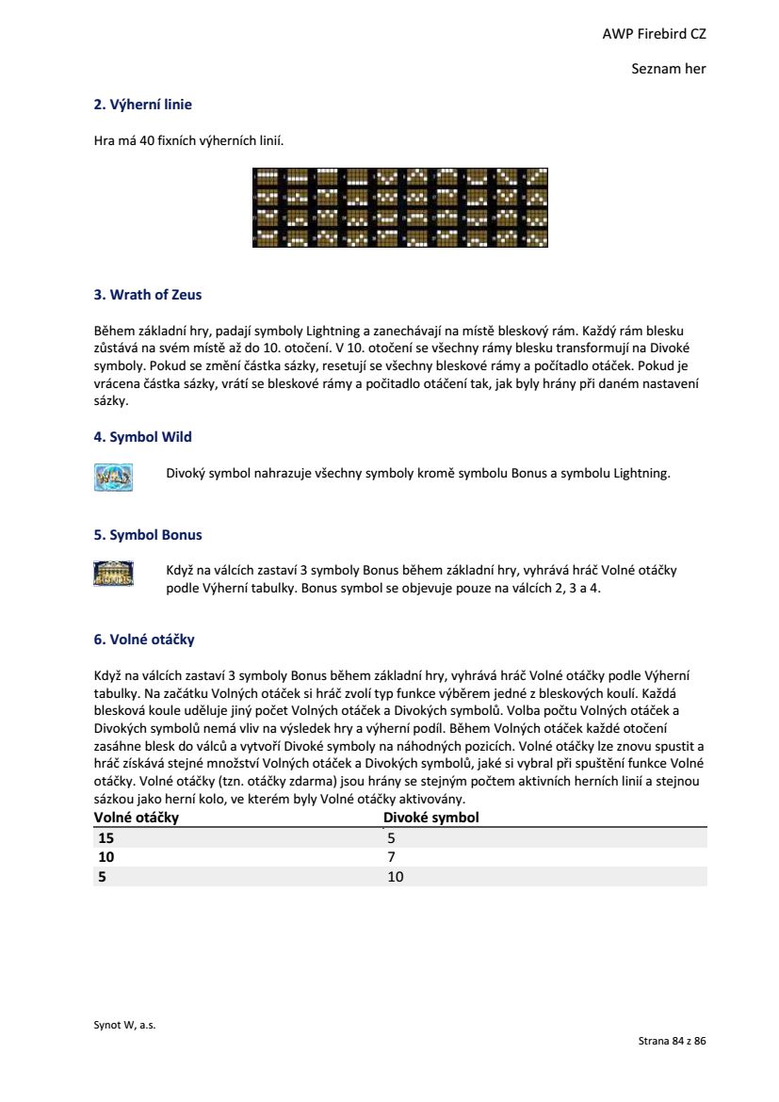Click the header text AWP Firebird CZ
654,34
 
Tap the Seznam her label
669,69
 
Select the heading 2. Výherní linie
142,105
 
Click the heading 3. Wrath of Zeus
147,295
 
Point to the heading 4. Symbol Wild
142,437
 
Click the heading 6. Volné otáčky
144,640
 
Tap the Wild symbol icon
113,477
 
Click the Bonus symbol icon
113,575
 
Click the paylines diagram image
399,207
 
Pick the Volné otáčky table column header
137,818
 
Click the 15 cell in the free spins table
105,837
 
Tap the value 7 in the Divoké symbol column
391,857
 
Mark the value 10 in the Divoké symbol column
395,877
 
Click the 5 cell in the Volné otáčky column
102,877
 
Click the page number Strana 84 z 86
672,1041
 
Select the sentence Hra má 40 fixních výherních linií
188,141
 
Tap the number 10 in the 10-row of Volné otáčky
105,857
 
